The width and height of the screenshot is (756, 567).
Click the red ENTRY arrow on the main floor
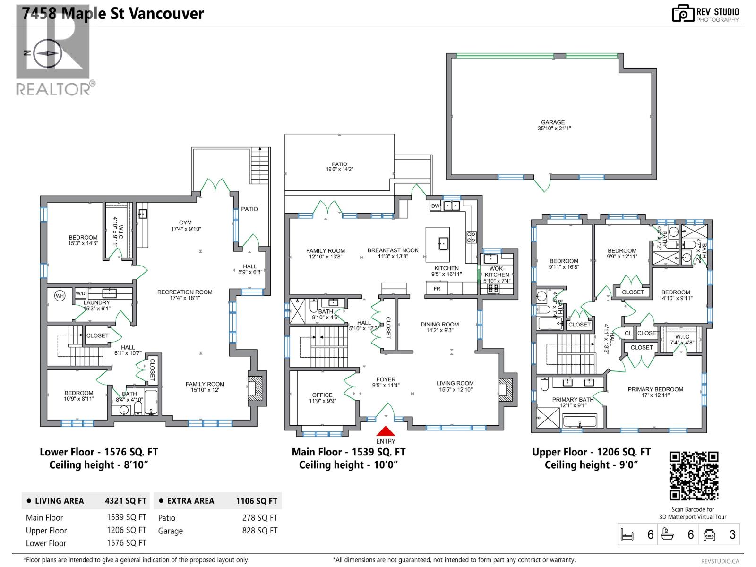tap(386, 431)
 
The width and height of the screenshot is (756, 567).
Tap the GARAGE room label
tap(553, 122)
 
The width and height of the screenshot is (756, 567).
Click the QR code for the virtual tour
tap(694, 476)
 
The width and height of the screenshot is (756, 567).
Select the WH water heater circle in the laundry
tap(60, 296)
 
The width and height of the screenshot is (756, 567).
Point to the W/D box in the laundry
tap(81, 293)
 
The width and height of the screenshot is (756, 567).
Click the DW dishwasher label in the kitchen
tap(435, 206)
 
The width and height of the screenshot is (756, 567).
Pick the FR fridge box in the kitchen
tap(437, 288)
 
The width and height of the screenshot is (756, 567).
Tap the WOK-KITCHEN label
tap(497, 272)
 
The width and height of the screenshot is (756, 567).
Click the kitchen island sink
tap(443, 244)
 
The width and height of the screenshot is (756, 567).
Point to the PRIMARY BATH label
tap(573, 399)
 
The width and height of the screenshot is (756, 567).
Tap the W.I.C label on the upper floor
tap(682, 337)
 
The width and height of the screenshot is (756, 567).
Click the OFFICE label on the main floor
tap(322, 395)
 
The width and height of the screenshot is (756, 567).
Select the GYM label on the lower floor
tap(185, 223)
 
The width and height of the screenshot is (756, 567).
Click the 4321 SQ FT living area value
tap(125, 501)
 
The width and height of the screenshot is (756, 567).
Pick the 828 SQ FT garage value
tap(259, 531)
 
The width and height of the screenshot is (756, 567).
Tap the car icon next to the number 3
tap(709, 534)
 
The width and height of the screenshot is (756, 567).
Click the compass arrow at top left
tap(46, 53)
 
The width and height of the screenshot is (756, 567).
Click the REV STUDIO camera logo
tap(683, 14)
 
